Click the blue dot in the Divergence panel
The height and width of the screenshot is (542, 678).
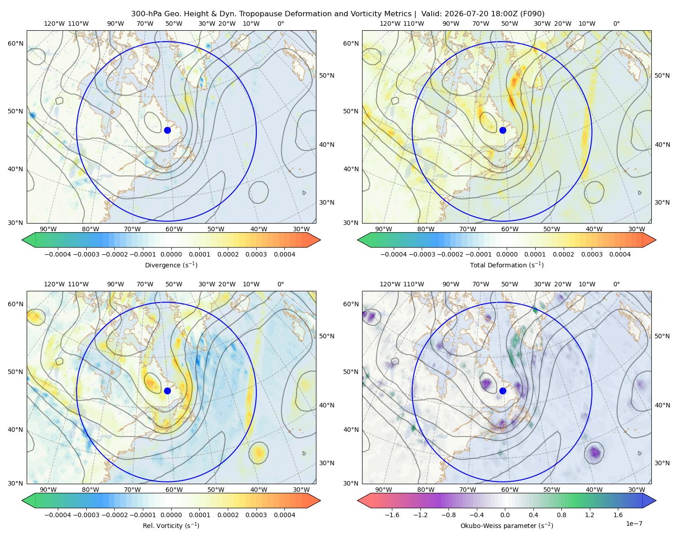[167, 130]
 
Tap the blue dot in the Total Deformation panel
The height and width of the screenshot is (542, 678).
[503, 130]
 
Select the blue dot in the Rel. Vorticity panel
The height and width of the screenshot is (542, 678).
[167, 391]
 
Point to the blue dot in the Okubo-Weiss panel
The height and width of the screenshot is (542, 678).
[503, 391]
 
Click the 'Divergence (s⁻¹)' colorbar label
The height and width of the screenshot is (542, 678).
[171, 265]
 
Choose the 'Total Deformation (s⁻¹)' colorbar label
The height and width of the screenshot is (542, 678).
[507, 265]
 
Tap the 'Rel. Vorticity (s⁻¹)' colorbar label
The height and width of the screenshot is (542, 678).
[171, 525]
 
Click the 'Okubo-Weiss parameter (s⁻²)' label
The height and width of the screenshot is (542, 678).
[507, 525]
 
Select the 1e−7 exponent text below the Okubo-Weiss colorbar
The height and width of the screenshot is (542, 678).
[634, 523]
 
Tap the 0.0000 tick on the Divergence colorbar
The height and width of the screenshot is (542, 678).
[171, 254]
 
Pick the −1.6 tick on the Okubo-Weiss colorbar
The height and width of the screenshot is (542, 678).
[392, 514]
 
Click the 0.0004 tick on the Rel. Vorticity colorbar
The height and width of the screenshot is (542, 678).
[284, 514]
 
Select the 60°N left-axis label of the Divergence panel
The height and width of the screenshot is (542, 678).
[15, 43]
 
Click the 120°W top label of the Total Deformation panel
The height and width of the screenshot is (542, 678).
[390, 23]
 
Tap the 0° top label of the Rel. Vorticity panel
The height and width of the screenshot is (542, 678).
[281, 284]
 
